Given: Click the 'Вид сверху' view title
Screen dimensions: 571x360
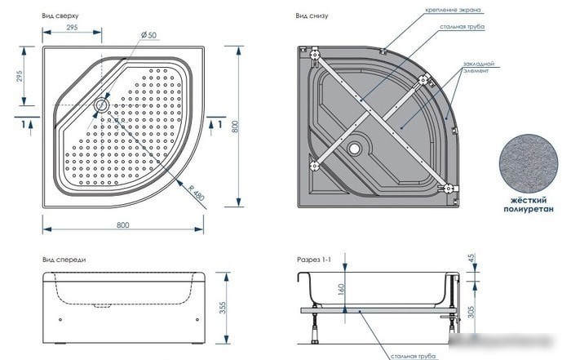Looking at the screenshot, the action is point(60,16).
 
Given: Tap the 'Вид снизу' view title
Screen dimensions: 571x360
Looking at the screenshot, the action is point(312,16).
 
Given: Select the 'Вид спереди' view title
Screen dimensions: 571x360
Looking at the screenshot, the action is point(64,260).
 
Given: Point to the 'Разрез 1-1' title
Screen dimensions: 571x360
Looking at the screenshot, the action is point(314,260).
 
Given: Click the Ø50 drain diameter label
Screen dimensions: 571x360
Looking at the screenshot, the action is point(149,35).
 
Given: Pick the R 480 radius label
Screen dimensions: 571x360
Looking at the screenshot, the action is point(197,193).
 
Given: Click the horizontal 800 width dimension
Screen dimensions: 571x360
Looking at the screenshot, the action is point(122,224).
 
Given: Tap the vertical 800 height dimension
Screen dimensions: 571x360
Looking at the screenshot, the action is point(236,127).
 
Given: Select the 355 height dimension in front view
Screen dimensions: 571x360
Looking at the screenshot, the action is point(223,308).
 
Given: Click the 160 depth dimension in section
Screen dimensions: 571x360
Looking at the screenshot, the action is point(341,290).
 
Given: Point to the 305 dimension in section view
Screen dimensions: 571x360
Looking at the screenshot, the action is point(471,312).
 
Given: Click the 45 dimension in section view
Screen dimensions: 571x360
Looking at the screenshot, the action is point(471,258).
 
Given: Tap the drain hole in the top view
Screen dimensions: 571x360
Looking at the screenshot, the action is point(102,105).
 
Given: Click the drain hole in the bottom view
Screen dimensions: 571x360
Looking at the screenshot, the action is point(354,148).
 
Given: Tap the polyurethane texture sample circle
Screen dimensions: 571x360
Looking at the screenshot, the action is point(529,164).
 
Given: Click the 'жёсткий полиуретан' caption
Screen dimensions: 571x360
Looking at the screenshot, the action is point(529,205).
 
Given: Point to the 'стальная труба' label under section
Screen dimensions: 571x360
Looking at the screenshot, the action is point(413,356).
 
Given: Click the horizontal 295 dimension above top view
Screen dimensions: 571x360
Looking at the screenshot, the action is point(72,27).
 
